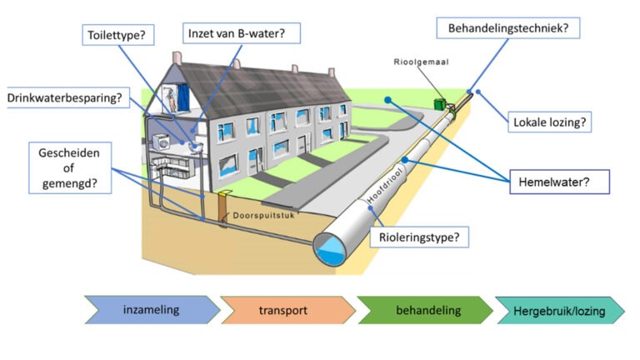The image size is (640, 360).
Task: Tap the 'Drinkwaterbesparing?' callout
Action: [x=65, y=97]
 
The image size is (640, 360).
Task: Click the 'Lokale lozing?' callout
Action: [x=550, y=122]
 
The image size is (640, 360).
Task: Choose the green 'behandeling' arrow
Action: [x=422, y=310]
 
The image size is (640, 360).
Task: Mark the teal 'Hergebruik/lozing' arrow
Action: [x=558, y=310]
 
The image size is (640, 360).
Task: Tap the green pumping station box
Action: [x=438, y=104]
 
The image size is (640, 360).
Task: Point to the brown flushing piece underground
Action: [x=222, y=207]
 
